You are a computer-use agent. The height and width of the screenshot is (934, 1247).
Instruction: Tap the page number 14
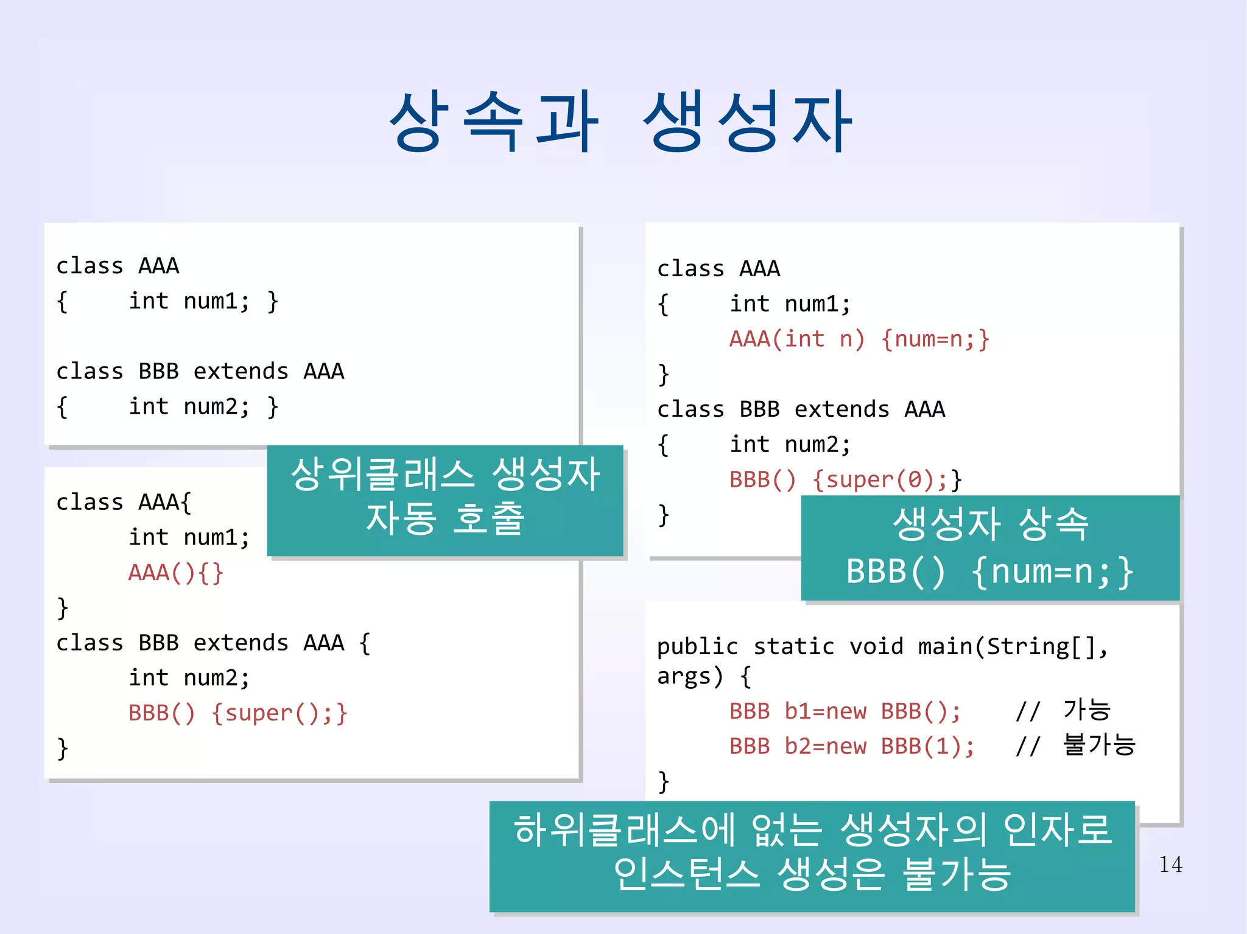1170,864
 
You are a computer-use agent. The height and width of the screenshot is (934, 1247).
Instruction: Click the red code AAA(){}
176,573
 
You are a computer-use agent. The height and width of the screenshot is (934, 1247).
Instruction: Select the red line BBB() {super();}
237,713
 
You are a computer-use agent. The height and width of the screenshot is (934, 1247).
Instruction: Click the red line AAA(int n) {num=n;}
859,339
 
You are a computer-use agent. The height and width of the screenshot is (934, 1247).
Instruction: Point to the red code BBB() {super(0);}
845,479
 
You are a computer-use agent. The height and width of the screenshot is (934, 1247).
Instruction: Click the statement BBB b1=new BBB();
845,711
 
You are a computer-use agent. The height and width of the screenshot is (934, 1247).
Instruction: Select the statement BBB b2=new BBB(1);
851,746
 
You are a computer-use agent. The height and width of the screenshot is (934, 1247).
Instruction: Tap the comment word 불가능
1099,745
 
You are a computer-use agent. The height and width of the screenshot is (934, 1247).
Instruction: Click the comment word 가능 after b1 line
1087,709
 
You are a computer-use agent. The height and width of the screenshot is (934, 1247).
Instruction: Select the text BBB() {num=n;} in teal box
989,571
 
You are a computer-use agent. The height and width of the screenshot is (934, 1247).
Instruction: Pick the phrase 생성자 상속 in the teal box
991,524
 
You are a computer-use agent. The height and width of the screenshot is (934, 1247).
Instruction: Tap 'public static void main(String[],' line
882,646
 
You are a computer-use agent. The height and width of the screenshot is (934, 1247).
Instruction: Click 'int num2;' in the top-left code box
189,406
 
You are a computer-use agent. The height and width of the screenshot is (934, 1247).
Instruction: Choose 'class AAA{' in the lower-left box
124,502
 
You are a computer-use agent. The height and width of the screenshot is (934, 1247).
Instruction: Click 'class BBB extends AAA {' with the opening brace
213,643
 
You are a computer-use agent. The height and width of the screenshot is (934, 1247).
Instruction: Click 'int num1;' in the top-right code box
790,304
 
